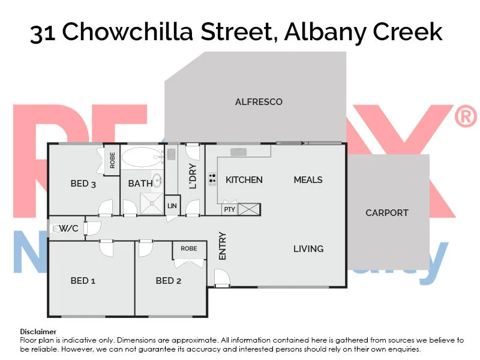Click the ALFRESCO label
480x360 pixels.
coord(259,102)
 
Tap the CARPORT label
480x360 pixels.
coord(386,213)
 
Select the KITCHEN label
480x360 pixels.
coord(244,180)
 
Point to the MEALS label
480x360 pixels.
coord(308,180)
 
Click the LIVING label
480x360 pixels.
coord(308,249)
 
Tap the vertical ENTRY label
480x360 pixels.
coord(223,245)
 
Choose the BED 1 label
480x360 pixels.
coord(83,281)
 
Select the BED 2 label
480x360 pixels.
coord(168,281)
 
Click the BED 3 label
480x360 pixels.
coord(83,184)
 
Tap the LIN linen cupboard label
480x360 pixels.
coord(172,206)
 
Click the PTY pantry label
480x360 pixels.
coord(229,209)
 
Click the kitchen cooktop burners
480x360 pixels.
coord(212,178)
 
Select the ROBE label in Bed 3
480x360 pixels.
coord(112,160)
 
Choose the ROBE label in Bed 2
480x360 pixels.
coord(188,248)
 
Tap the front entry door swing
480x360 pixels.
coord(221,278)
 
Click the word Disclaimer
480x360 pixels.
coord(38,332)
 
